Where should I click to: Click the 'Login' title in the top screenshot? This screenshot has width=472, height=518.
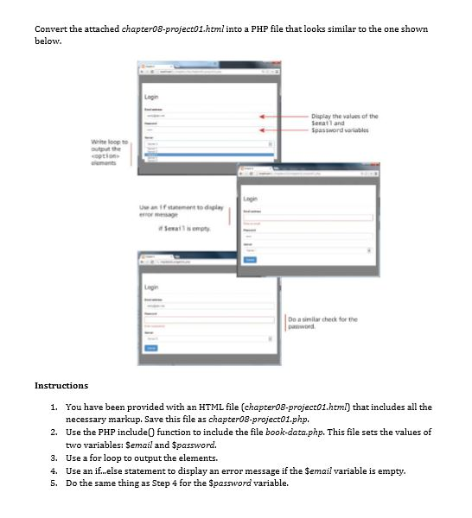click(151, 98)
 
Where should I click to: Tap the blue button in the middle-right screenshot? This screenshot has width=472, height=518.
click(252, 259)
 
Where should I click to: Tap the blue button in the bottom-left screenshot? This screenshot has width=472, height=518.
click(151, 346)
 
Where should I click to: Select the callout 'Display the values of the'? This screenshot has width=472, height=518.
click(345, 115)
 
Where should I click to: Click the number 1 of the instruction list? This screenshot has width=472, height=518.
click(54, 406)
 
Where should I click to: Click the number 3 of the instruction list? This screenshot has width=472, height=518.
click(54, 458)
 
